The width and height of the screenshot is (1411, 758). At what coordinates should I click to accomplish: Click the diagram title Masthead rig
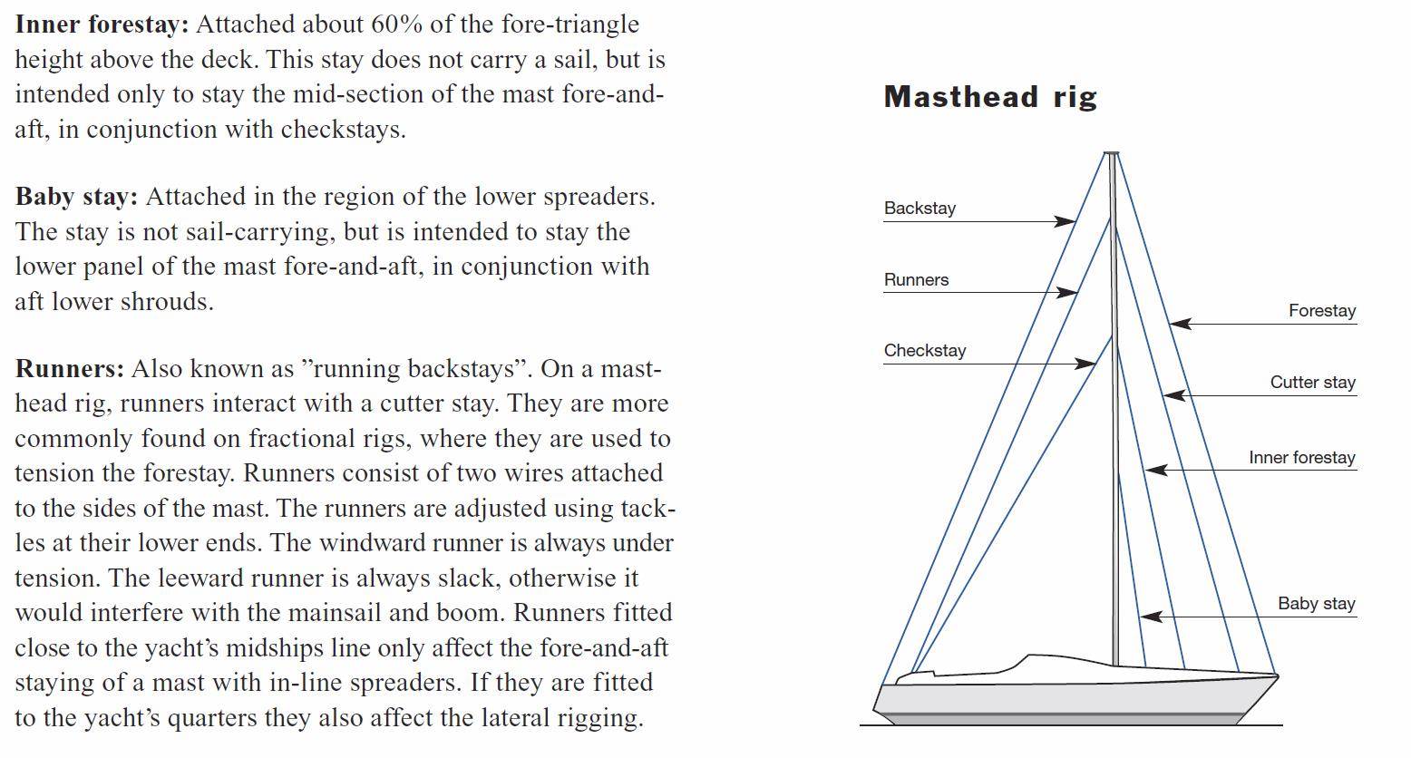pyautogui.click(x=990, y=97)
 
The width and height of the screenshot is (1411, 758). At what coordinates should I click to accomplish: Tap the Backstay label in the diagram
pyautogui.click(x=920, y=209)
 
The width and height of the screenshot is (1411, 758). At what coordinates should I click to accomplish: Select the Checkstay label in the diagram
pyautogui.click(x=925, y=351)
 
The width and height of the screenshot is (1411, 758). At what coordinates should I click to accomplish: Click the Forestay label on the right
pyautogui.click(x=1322, y=311)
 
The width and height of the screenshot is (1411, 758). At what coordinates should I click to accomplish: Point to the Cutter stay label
pyautogui.click(x=1312, y=383)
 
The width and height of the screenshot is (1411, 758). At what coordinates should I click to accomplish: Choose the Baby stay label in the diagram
pyautogui.click(x=1316, y=604)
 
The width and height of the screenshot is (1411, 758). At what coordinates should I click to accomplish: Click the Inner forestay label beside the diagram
pyautogui.click(x=1301, y=458)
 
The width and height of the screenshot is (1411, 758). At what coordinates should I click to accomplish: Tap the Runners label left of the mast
pyautogui.click(x=916, y=280)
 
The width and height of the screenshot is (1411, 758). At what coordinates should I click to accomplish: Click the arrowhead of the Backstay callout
pyautogui.click(x=1067, y=221)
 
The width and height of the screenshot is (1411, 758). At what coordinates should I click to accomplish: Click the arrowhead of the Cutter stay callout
pyautogui.click(x=1172, y=395)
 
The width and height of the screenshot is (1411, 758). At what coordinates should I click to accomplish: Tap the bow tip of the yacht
pyautogui.click(x=1276, y=675)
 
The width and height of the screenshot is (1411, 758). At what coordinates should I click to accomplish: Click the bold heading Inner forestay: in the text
pyautogui.click(x=102, y=24)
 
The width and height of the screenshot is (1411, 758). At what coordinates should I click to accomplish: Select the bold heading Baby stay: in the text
pyautogui.click(x=76, y=197)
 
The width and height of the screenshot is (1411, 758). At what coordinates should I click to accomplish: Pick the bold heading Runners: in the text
pyautogui.click(x=69, y=369)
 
